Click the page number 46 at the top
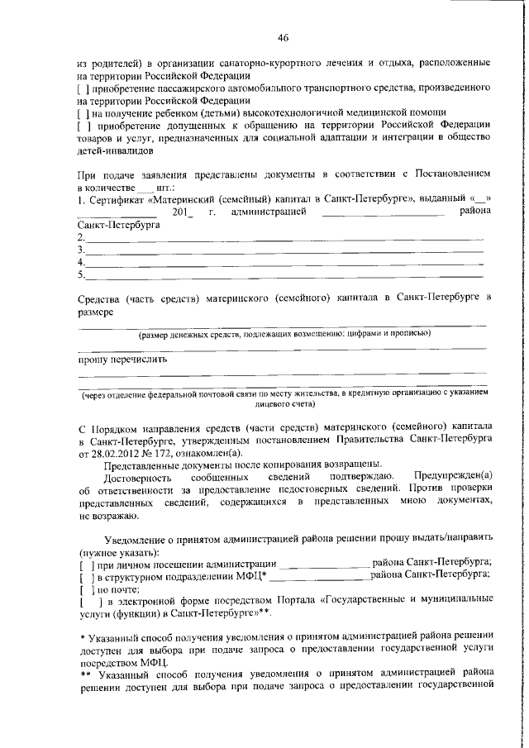(283, 38)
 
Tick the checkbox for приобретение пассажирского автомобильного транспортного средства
(82, 86)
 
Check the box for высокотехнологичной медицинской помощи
(82, 112)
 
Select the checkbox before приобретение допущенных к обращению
(82, 125)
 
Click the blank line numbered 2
(281, 238)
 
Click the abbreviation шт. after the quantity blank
(168, 187)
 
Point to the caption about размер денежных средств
(283, 334)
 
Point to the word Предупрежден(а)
(452, 479)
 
